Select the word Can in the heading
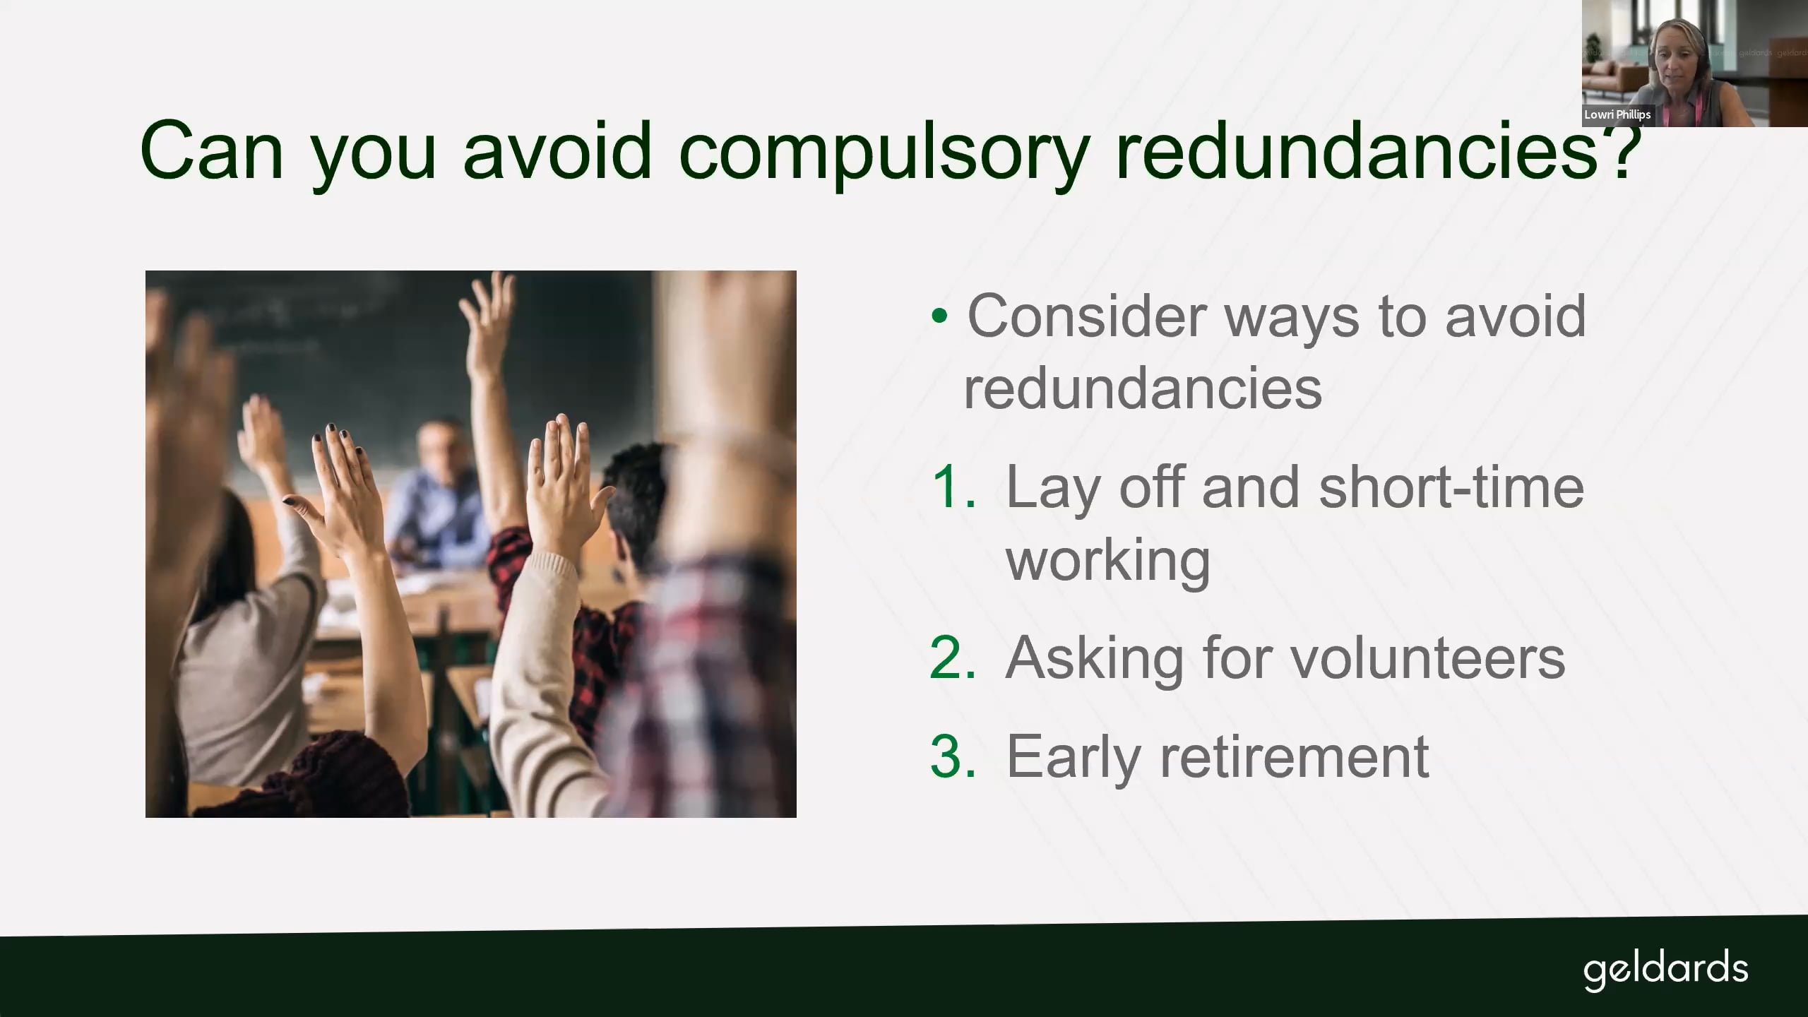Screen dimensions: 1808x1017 click(212, 150)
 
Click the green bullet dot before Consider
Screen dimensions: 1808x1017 click(939, 316)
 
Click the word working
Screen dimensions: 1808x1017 click(1108, 560)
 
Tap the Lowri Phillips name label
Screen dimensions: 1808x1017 click(1617, 114)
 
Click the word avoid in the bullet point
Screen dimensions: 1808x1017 click(1516, 316)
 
